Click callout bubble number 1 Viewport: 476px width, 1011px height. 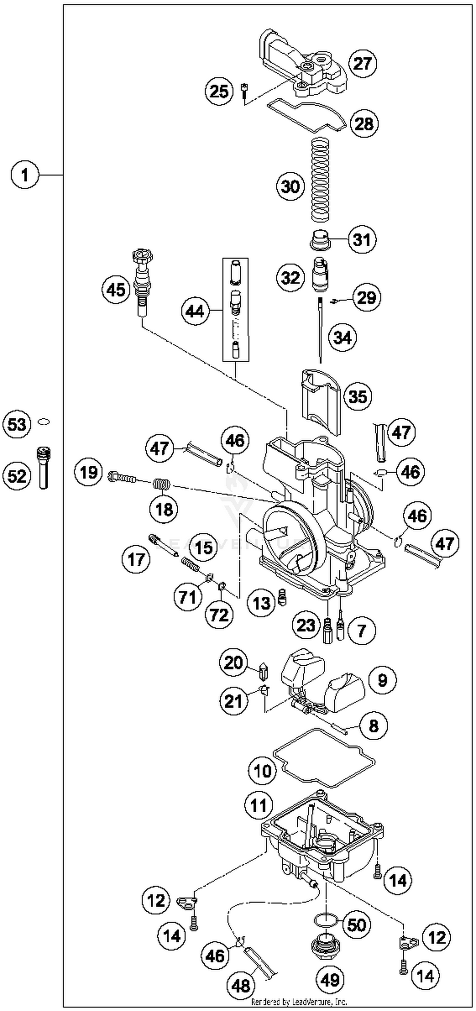pyautogui.click(x=25, y=175)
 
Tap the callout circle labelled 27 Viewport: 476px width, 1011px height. pyautogui.click(x=362, y=63)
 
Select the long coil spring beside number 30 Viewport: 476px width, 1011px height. pyautogui.click(x=321, y=179)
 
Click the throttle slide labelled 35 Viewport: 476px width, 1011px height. pyautogui.click(x=321, y=400)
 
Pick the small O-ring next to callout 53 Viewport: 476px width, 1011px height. pyautogui.click(x=43, y=422)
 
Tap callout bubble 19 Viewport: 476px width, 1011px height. pyautogui.click(x=88, y=472)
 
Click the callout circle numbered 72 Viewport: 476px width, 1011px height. pyautogui.click(x=219, y=615)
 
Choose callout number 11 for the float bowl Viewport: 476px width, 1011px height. pyautogui.click(x=258, y=806)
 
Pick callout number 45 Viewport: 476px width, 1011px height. pyautogui.click(x=116, y=290)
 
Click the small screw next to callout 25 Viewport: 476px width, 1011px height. pyautogui.click(x=244, y=93)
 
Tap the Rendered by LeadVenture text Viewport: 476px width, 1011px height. pyautogui.click(x=299, y=1001)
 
